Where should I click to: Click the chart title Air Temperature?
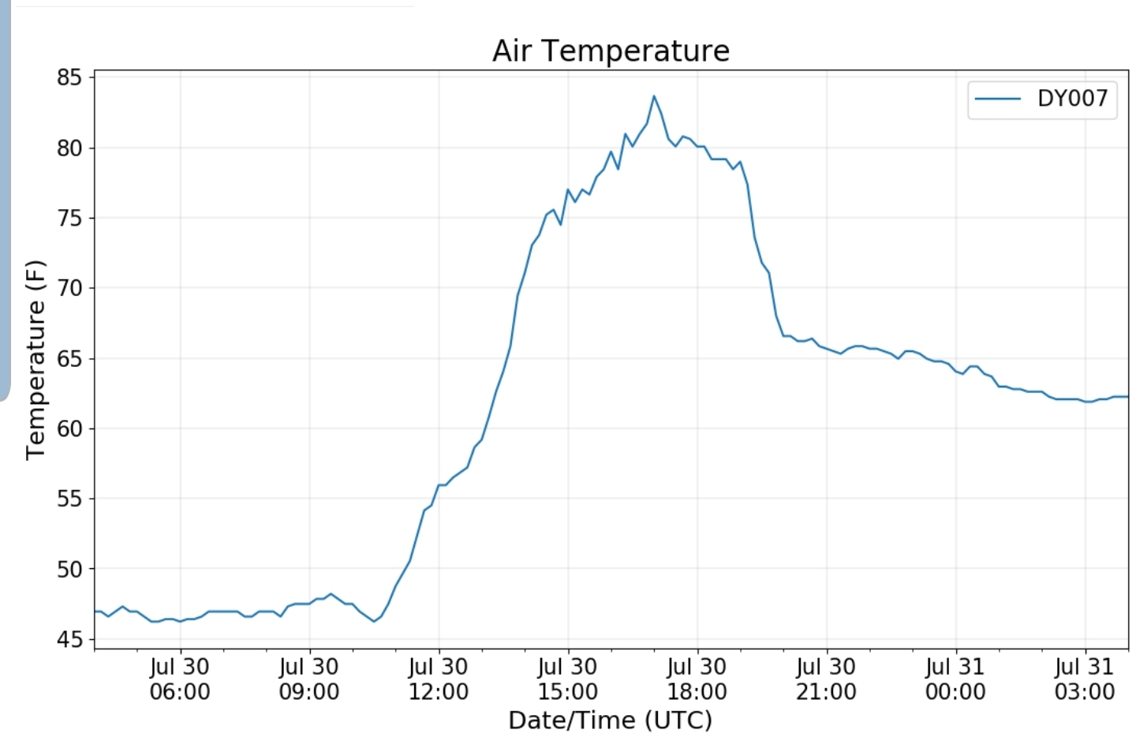(611, 51)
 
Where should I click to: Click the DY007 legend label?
(1072, 99)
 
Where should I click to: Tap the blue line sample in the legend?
(998, 99)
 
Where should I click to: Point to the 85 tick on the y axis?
(69, 77)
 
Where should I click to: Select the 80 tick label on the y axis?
(69, 148)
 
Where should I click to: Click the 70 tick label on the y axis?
(69, 288)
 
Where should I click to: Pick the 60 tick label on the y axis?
(69, 429)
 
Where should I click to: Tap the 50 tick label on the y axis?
(69, 569)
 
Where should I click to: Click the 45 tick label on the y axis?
(69, 639)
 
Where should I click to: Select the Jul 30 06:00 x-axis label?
(180, 679)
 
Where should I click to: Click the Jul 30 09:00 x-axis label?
(309, 679)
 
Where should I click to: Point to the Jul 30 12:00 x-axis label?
(439, 679)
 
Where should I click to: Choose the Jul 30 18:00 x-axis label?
(697, 679)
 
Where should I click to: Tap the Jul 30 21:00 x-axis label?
(827, 679)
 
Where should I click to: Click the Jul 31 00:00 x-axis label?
(956, 679)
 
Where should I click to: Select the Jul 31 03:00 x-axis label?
(1085, 679)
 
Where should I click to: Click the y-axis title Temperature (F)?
(36, 359)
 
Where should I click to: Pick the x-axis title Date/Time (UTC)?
(610, 721)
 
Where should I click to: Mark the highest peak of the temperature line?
(654, 96)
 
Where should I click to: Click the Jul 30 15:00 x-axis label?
(568, 679)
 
